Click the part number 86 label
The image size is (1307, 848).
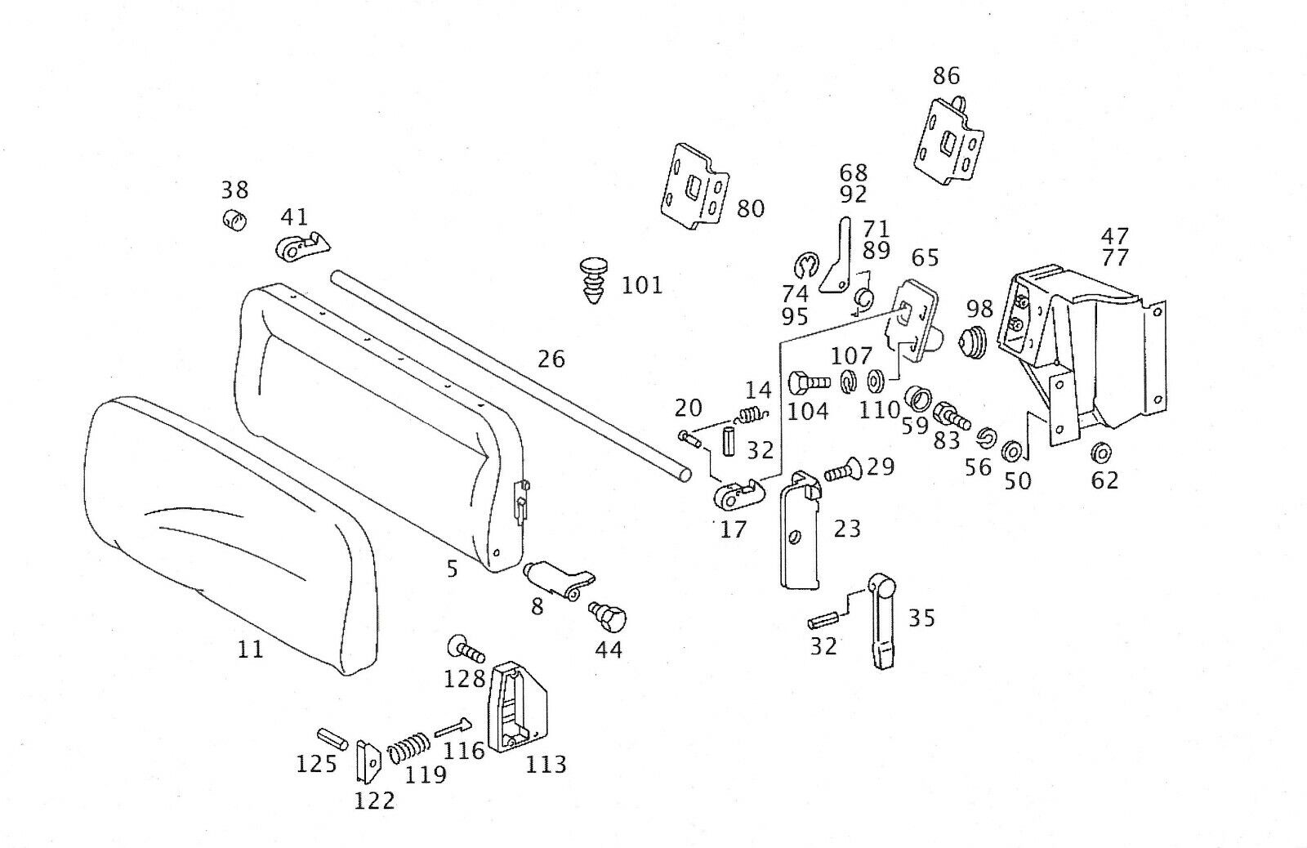pos(946,76)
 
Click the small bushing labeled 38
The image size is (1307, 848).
pos(234,220)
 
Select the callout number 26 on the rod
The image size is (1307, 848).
pos(551,359)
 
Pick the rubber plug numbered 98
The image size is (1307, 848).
pos(974,341)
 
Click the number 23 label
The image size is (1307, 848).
pos(846,529)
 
